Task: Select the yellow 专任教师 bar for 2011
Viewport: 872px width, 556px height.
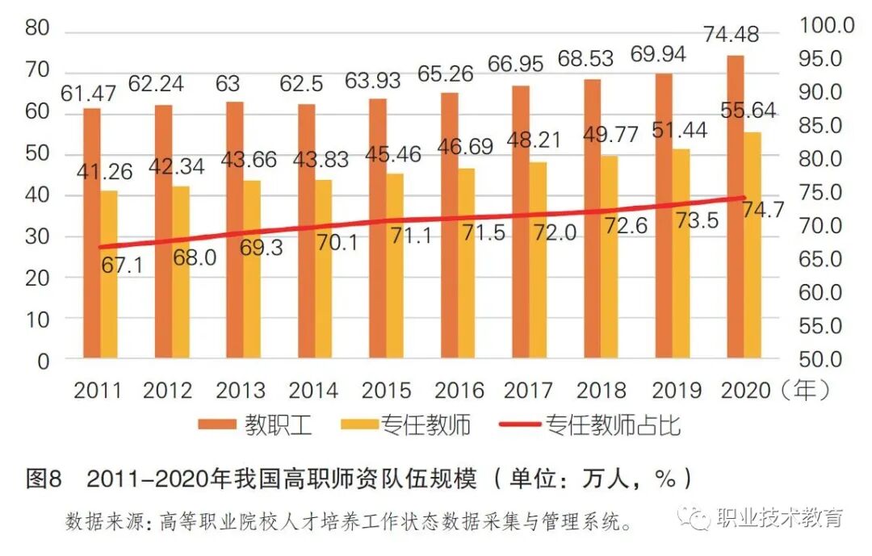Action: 109,274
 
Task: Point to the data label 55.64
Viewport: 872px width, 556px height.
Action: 748,112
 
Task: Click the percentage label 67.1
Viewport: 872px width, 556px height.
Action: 122,265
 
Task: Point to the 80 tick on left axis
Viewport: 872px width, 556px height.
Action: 37,29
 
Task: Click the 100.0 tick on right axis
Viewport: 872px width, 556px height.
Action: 825,25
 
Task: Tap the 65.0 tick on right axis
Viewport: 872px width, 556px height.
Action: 825,259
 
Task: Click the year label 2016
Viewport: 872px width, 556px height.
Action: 459,391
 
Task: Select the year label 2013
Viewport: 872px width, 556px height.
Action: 241,391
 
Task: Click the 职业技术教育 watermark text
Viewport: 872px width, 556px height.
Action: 780,518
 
